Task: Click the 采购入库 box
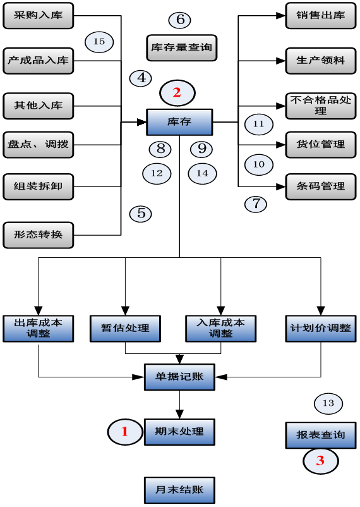point(39,16)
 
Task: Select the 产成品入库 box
point(39,61)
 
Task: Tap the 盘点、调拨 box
point(39,145)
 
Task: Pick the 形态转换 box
point(39,235)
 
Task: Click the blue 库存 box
point(179,122)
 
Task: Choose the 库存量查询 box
point(182,48)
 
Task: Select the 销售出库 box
point(321,16)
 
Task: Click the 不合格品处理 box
point(321,106)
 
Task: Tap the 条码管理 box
point(321,186)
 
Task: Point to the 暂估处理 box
point(126,329)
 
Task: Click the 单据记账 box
point(179,377)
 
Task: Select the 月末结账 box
point(179,490)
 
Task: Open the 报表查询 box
point(321,435)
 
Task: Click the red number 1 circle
point(125,432)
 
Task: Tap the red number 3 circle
point(321,461)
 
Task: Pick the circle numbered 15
point(99,42)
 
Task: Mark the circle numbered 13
point(328,403)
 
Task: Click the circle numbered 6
point(180,20)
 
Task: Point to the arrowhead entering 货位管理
point(281,145)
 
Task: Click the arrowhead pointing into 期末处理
point(179,414)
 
